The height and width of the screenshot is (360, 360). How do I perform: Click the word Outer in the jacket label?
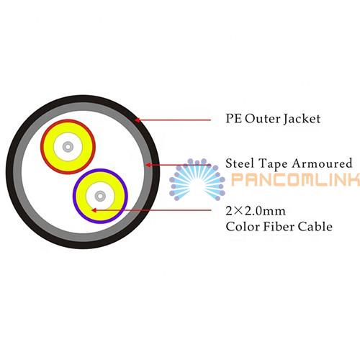point(263,119)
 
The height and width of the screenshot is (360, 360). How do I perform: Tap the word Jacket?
point(302,120)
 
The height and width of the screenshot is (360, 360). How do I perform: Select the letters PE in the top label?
point(233,119)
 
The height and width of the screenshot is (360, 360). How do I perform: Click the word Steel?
point(240,163)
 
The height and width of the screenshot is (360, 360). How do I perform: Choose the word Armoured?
point(322,163)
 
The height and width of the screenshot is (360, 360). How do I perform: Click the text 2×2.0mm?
point(256,211)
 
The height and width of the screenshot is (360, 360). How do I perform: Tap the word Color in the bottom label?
point(243,226)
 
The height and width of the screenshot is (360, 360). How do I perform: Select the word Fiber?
point(279,226)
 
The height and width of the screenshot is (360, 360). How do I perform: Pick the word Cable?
point(315,226)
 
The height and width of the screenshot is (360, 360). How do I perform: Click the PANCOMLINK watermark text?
point(296,179)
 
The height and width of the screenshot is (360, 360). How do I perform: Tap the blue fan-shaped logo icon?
point(197,179)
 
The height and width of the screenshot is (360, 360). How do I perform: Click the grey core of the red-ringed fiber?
point(68,147)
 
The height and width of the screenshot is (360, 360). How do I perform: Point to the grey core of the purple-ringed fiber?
point(100,196)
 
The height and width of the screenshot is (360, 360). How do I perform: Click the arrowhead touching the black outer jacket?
point(138,120)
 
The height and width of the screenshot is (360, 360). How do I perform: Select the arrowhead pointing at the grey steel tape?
point(148,165)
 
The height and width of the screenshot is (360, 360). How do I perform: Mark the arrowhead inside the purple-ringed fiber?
point(94,210)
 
